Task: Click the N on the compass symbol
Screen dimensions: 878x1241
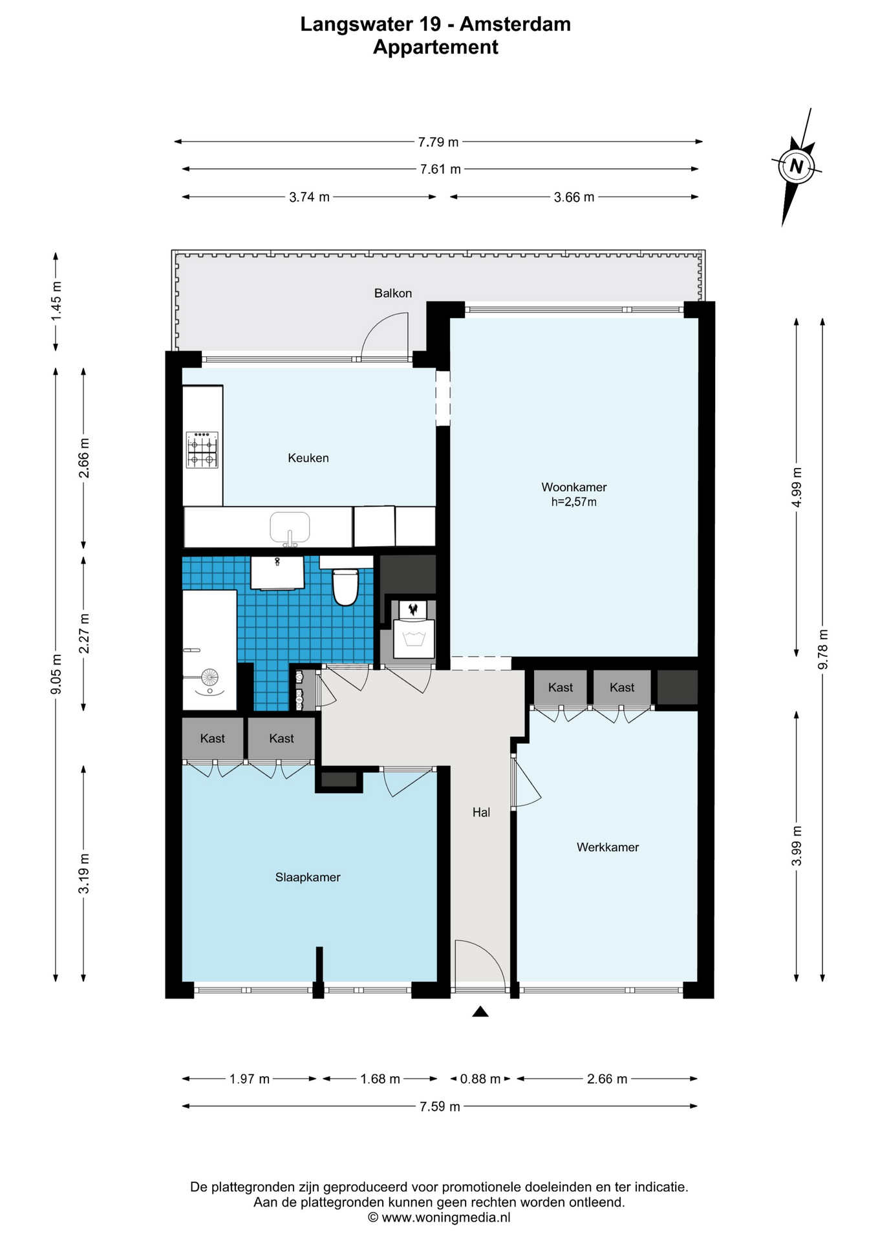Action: [x=797, y=167]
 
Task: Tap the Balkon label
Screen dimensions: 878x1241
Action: [x=393, y=293]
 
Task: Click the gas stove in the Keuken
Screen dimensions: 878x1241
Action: [x=202, y=450]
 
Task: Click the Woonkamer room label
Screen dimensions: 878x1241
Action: [x=574, y=487]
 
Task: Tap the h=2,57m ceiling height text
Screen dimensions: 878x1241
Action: [x=574, y=502]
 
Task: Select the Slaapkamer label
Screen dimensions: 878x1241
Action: [x=308, y=877]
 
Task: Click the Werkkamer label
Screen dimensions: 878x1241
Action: [x=608, y=847]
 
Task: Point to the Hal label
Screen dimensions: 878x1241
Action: [x=481, y=812]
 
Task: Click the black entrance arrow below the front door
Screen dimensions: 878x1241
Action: [x=480, y=1012]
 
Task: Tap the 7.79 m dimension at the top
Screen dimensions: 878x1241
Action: [x=438, y=142]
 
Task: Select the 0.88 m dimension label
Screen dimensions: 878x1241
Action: [x=480, y=1079]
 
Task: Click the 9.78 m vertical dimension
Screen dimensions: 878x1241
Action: [x=823, y=649]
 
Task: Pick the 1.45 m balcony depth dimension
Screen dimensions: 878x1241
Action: [x=56, y=301]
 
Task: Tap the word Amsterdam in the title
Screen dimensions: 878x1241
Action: [x=516, y=24]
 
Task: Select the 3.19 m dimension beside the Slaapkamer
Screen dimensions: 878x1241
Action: [x=84, y=874]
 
